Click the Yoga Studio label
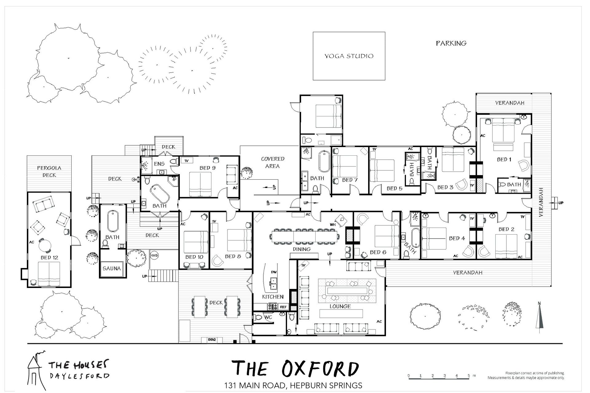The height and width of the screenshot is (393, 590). pyautogui.click(x=349, y=56)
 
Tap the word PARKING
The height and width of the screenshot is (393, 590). pyautogui.click(x=451, y=43)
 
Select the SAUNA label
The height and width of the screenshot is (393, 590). pyautogui.click(x=112, y=268)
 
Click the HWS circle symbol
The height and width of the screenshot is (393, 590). pyautogui.click(x=154, y=255)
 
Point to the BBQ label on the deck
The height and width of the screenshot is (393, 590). pyautogui.click(x=212, y=340)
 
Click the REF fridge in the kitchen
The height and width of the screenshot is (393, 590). pyautogui.click(x=283, y=307)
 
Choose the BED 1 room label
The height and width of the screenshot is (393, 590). pyautogui.click(x=504, y=159)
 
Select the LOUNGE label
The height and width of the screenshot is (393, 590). pyautogui.click(x=340, y=306)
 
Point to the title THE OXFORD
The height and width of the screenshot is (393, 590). pyautogui.click(x=295, y=369)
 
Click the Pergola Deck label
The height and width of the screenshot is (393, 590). pyautogui.click(x=49, y=172)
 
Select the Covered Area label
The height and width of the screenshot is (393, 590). pyautogui.click(x=273, y=162)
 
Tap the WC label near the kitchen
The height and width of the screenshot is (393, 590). pyautogui.click(x=268, y=317)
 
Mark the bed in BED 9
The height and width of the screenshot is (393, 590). pyautogui.click(x=200, y=184)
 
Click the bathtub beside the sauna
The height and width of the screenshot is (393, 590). pyautogui.click(x=112, y=221)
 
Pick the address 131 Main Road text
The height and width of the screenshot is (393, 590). pyautogui.click(x=293, y=385)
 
